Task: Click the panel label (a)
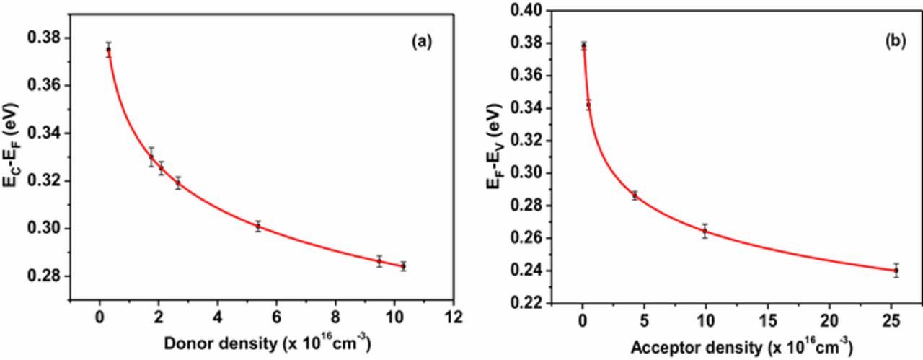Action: (421, 42)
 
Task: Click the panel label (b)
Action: (895, 42)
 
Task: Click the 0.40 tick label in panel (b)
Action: (529, 10)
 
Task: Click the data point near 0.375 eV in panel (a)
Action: (108, 50)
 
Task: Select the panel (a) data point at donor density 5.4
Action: (257, 226)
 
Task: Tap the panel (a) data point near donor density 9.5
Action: (379, 261)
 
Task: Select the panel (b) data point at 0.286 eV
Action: (635, 196)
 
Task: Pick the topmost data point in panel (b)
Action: (583, 45)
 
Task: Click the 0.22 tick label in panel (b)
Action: (529, 303)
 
